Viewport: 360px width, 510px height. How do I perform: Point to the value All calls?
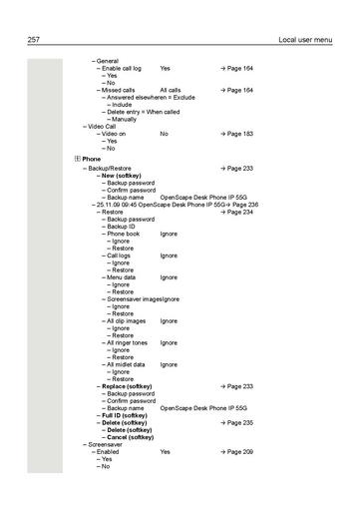tap(171, 90)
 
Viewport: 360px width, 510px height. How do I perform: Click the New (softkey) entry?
tap(127, 176)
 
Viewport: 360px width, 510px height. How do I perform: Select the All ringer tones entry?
tap(134, 342)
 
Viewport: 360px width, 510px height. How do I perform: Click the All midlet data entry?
tap(133, 364)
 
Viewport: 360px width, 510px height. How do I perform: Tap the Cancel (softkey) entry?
tap(131, 437)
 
